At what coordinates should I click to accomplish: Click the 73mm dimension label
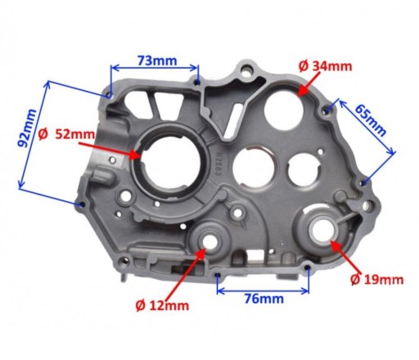157,61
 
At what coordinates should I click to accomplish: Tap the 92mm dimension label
26,128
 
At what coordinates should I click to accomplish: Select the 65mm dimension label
370,120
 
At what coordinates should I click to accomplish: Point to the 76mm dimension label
264,299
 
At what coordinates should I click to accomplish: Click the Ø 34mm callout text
325,66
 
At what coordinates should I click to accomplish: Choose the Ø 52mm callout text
66,134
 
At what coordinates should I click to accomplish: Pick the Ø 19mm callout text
376,280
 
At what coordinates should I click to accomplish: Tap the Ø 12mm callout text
162,305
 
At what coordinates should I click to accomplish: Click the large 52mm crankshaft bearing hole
170,164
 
